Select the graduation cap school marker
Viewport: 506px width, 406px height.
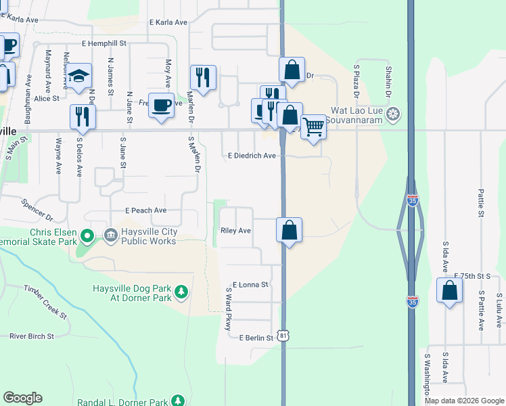point(80,76)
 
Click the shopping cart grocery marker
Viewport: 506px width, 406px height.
point(313,125)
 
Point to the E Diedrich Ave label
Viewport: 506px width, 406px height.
point(252,156)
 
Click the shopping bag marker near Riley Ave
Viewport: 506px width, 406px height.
point(289,229)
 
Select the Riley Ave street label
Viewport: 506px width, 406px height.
point(236,231)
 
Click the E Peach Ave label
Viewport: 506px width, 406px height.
point(145,210)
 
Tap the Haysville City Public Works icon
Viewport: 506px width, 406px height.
point(110,235)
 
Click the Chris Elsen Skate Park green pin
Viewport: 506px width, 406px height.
point(87,237)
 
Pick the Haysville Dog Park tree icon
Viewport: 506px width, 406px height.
point(181,292)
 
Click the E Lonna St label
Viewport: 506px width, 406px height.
point(250,285)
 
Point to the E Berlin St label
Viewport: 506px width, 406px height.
point(255,337)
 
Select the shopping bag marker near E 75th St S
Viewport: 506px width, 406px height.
point(449,290)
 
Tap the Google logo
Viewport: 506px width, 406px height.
point(22,399)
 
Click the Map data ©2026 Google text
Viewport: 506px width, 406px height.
point(463,401)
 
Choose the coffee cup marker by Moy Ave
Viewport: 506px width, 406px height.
point(161,105)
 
